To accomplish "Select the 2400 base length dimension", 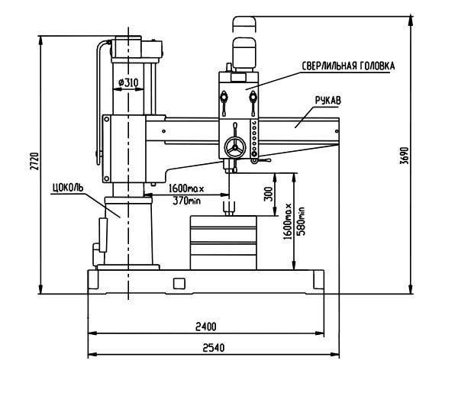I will pyautogui.click(x=205, y=326).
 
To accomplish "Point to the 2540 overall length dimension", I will pyautogui.click(x=205, y=348).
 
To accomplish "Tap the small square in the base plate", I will pyautogui.click(x=179, y=284).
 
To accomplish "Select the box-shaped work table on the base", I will pyautogui.click(x=225, y=242).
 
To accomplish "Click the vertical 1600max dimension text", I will pyautogui.click(x=289, y=221).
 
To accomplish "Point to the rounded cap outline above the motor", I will pyautogui.click(x=245, y=22).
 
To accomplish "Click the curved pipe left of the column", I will pyautogui.click(x=98, y=99).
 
